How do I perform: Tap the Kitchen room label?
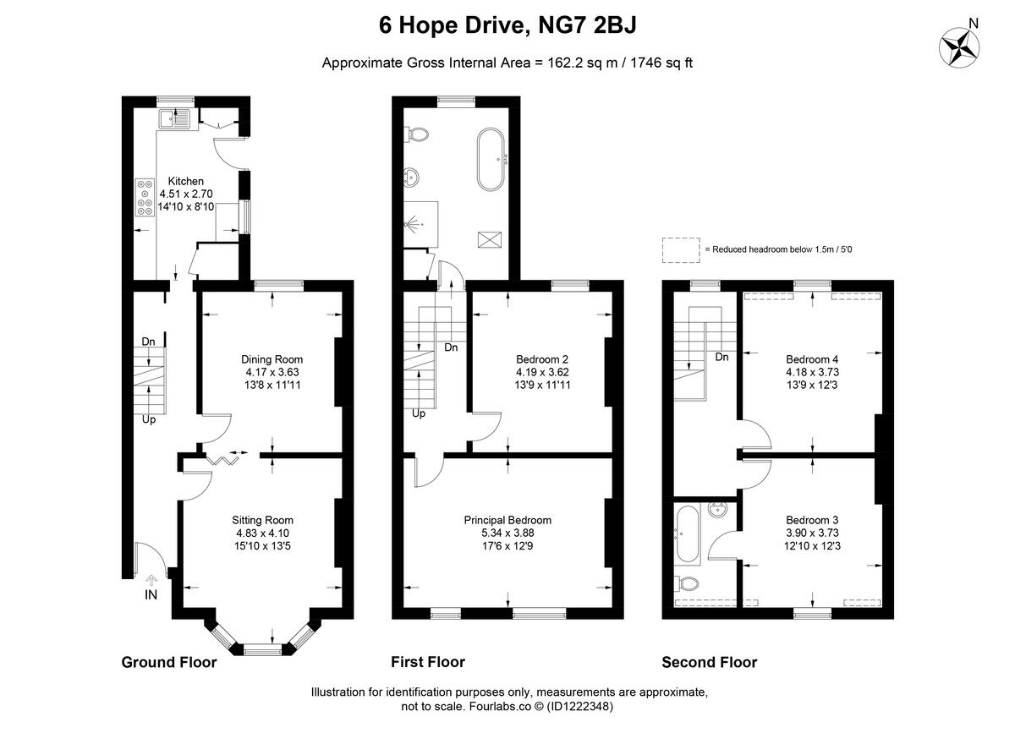tap(185, 181)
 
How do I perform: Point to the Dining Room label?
tap(272, 359)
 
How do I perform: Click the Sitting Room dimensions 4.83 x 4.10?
tap(262, 533)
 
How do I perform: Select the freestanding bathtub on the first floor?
tap(491, 159)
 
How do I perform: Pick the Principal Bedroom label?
tap(507, 520)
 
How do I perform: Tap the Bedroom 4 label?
tap(812, 358)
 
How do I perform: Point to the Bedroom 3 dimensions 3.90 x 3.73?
tap(812, 533)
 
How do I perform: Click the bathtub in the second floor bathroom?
tap(686, 534)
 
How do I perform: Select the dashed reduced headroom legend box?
tap(681, 249)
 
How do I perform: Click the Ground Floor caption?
tap(169, 662)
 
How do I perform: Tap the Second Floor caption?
tap(709, 662)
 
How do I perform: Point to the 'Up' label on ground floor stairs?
tap(148, 418)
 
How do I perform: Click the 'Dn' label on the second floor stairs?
tap(721, 358)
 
